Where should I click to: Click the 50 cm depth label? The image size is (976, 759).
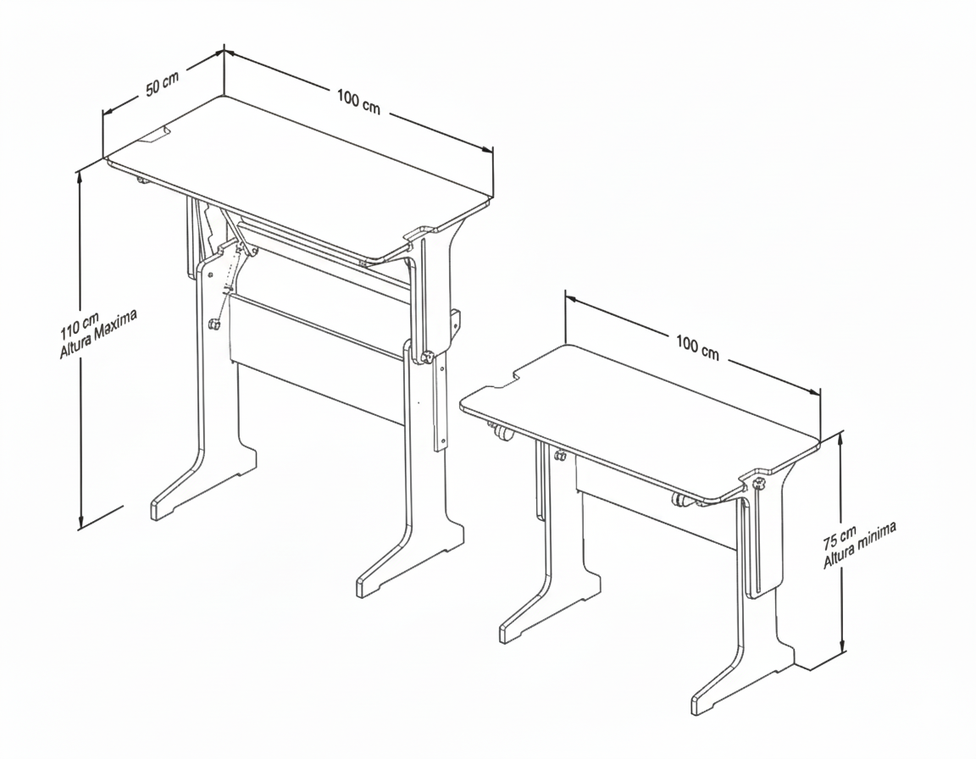click(163, 84)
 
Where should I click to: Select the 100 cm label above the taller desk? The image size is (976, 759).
click(358, 102)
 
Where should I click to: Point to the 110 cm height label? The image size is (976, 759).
click(80, 325)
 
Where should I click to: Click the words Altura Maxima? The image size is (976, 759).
click(97, 334)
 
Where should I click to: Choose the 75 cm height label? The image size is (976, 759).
click(840, 538)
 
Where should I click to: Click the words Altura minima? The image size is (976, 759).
click(860, 545)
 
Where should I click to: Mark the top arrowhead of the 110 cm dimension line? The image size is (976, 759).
click(80, 177)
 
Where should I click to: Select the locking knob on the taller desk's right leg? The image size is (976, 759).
click(427, 357)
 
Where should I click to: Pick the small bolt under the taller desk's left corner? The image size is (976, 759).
click(142, 181)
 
